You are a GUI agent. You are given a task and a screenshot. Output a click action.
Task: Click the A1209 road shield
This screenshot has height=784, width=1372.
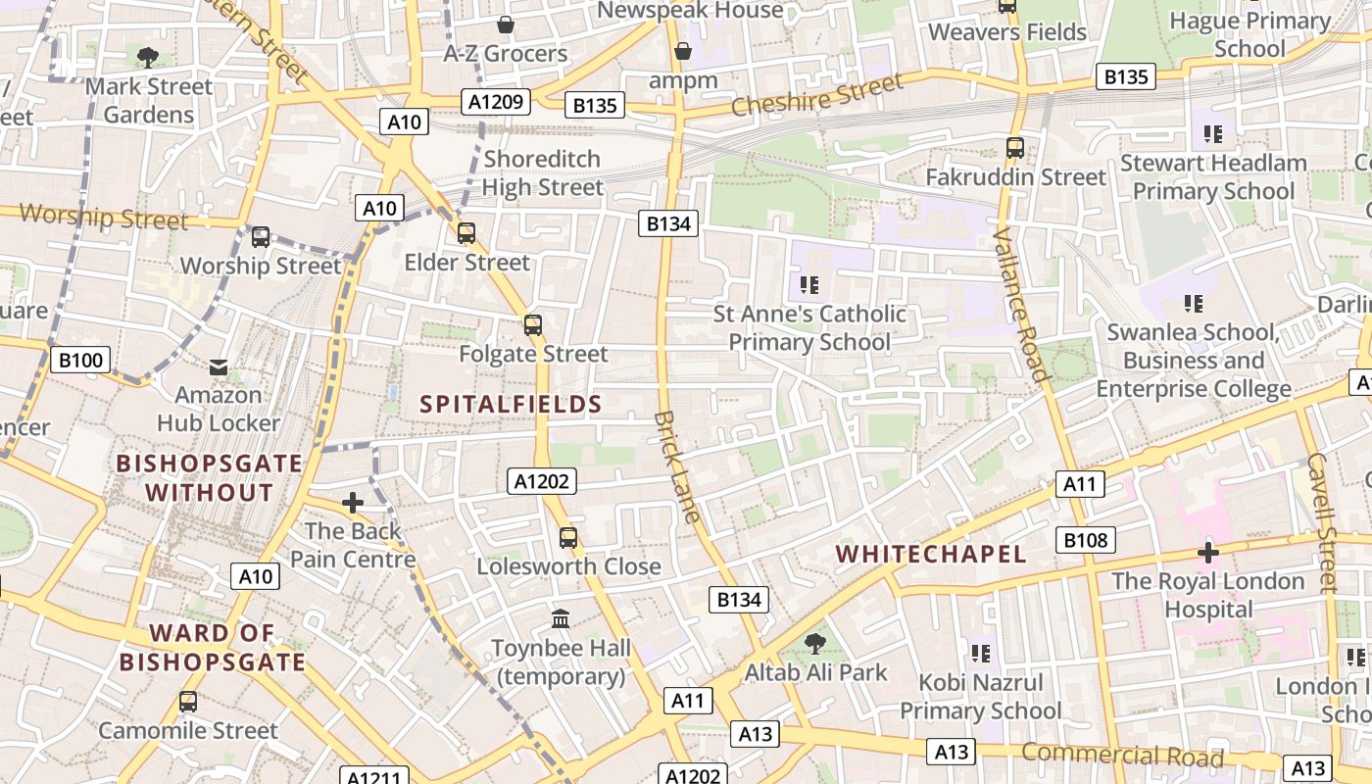click(x=498, y=102)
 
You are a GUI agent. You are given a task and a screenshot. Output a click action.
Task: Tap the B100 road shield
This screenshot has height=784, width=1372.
click(x=80, y=360)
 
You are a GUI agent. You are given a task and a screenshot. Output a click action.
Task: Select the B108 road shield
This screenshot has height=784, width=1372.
click(x=1086, y=540)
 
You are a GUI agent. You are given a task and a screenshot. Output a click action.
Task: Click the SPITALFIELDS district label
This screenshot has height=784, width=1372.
click(x=511, y=404)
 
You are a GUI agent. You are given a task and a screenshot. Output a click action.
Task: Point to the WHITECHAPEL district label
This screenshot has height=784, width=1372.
click(x=930, y=554)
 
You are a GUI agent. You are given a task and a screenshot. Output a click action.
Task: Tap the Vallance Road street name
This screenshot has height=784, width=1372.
click(x=1021, y=303)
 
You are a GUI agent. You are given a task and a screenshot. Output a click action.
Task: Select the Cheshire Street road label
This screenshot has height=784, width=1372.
click(x=816, y=95)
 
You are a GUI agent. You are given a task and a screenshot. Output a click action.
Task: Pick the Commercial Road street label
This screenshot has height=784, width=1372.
click(x=1122, y=755)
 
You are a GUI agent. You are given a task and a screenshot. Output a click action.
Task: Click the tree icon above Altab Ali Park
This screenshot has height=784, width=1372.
click(x=814, y=644)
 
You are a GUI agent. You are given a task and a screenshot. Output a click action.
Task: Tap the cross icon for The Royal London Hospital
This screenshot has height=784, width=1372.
click(x=1207, y=553)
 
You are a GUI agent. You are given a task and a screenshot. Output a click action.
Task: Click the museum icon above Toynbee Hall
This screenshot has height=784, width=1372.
click(x=561, y=619)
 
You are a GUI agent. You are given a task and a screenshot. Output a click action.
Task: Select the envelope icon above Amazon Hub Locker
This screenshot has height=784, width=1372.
click(x=219, y=367)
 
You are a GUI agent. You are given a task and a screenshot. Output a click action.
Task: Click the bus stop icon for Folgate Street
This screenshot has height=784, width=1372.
click(x=533, y=325)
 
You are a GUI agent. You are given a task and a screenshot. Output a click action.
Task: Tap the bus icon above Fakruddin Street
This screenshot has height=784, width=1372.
click(x=1015, y=149)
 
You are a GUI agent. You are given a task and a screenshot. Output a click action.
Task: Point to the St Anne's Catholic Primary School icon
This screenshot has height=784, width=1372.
click(x=809, y=285)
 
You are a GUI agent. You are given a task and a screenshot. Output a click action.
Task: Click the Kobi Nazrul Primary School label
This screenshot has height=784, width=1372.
click(x=980, y=696)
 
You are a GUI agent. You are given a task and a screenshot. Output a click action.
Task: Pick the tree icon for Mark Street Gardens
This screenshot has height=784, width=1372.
click(x=149, y=58)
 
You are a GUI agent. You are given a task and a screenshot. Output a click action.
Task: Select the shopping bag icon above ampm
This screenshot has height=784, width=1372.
click(x=683, y=51)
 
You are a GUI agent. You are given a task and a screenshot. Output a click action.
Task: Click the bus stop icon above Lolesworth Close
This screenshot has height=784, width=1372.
click(x=568, y=537)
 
